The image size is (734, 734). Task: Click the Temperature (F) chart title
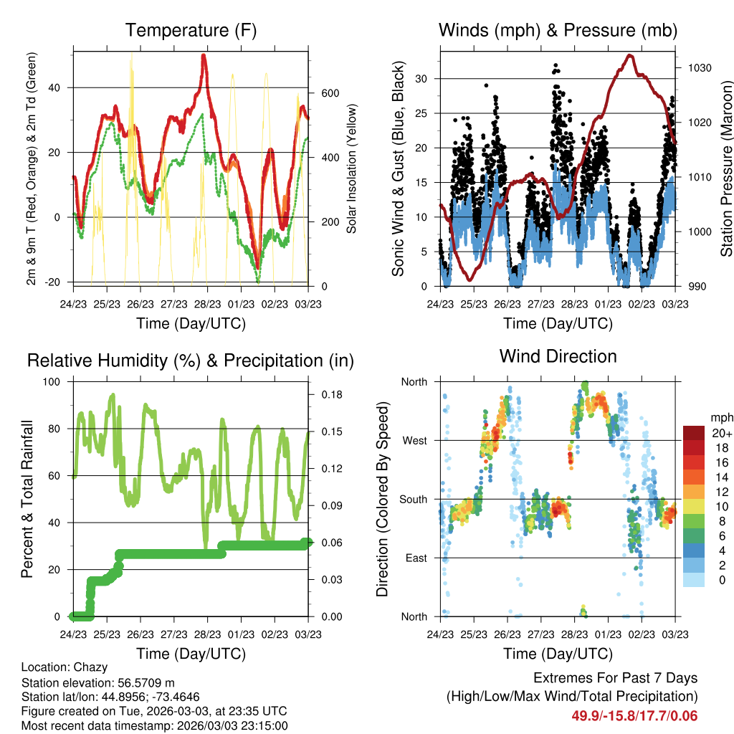(x=191, y=30)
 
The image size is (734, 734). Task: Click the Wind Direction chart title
(x=558, y=356)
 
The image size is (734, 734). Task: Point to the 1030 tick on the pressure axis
(x=700, y=68)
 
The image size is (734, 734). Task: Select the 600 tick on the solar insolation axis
(x=330, y=93)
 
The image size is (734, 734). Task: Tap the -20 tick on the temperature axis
(x=52, y=282)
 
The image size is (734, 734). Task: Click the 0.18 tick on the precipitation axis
(x=332, y=395)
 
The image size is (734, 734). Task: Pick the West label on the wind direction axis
(x=415, y=441)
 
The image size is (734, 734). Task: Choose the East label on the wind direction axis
(x=416, y=558)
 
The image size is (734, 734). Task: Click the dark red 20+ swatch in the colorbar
(x=694, y=433)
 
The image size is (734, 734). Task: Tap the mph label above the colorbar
(x=722, y=418)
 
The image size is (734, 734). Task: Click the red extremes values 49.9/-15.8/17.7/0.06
(x=634, y=716)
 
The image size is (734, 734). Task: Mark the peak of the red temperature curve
(x=203, y=55)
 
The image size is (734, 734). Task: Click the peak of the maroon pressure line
(x=630, y=56)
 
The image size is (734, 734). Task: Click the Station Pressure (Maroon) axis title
(x=726, y=168)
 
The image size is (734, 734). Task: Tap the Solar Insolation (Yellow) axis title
(x=351, y=168)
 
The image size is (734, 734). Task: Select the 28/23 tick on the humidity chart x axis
(x=207, y=634)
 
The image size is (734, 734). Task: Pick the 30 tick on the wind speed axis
(x=421, y=79)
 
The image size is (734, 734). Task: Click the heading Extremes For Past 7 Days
(x=615, y=678)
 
